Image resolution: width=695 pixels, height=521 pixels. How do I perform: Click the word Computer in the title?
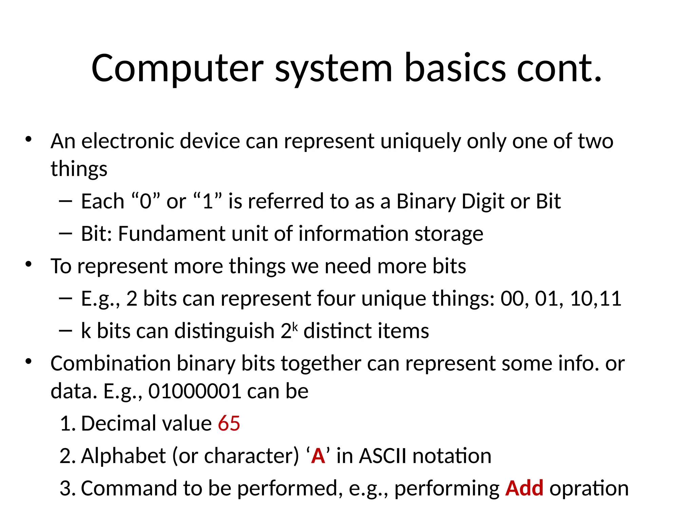(177, 69)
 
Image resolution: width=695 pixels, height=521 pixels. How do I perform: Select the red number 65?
(229, 423)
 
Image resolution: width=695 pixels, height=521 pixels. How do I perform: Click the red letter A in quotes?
(318, 456)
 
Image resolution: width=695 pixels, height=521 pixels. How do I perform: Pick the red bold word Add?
(524, 488)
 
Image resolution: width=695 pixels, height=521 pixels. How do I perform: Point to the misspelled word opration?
(589, 489)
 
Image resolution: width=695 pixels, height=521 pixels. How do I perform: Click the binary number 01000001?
(195, 391)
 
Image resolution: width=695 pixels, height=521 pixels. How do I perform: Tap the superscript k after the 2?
(295, 327)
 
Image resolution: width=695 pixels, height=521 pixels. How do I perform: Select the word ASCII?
(382, 456)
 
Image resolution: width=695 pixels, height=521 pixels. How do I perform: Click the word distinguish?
(224, 331)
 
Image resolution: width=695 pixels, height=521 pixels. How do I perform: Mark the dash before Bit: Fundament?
(65, 233)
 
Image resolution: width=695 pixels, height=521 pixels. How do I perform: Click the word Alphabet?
(123, 456)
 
